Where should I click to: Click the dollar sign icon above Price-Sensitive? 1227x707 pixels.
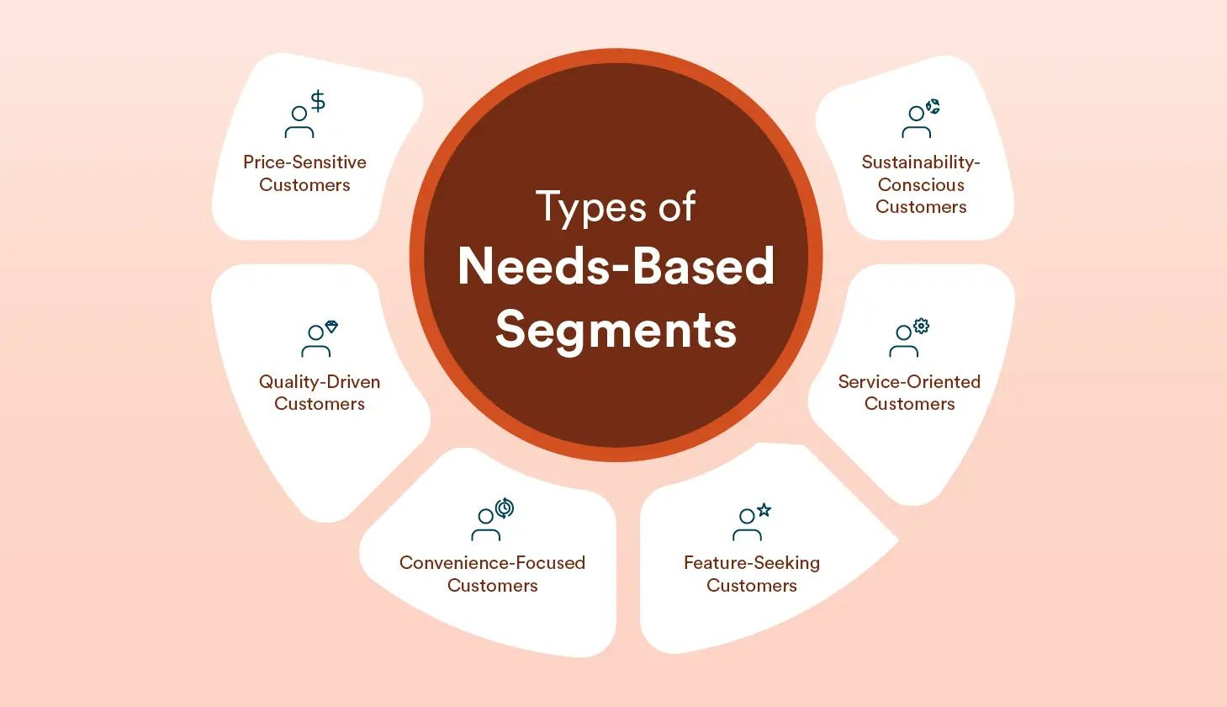point(318,102)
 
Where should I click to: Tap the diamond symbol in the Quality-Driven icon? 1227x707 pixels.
point(331,327)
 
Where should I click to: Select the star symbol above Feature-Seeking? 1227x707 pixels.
point(764,509)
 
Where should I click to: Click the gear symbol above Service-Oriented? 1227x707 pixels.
point(922,326)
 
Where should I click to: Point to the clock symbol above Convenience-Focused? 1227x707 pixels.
point(505,508)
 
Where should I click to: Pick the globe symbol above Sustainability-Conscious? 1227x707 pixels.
point(933,107)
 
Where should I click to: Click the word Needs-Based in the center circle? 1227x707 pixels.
point(616,267)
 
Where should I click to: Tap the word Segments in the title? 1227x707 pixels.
point(616,329)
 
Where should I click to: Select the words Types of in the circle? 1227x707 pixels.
point(616,207)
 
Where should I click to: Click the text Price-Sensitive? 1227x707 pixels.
point(304,162)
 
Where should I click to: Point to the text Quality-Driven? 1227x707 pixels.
point(320,382)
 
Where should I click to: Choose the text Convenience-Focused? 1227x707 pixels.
point(492,563)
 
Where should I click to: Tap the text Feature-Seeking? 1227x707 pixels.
point(751,563)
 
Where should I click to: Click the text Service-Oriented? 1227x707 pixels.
point(909,382)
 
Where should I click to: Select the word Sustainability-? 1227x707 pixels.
point(921,162)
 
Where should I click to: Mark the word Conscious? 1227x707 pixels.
point(921,185)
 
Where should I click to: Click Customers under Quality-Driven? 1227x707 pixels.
point(320,404)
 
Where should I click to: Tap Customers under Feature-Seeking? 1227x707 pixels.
point(751,586)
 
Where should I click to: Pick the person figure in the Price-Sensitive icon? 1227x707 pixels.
point(299,123)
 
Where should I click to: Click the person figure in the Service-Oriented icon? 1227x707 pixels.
point(903,342)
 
